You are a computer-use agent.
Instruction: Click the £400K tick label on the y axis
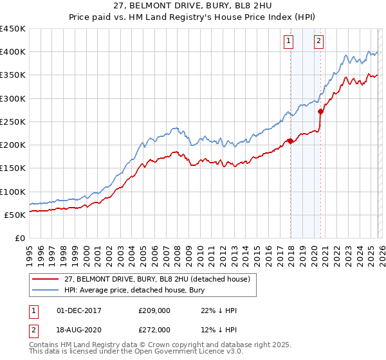[x=12, y=52]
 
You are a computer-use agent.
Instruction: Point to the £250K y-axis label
[x=12, y=122]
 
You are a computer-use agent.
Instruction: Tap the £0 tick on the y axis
[x=19, y=238]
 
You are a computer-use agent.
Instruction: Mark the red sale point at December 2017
[x=290, y=141]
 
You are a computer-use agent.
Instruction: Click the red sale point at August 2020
[x=320, y=112]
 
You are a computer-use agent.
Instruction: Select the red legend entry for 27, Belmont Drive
[x=148, y=279]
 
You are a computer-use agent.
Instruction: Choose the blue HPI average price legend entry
[x=135, y=291]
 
